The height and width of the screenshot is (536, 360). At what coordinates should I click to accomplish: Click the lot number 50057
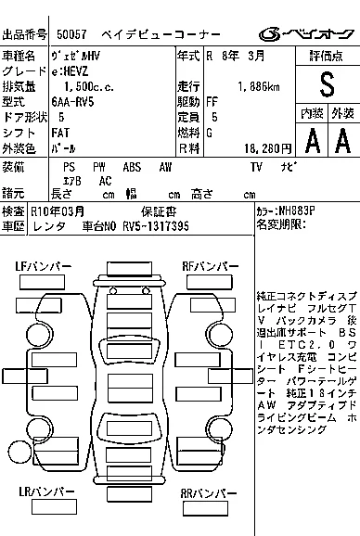(71, 34)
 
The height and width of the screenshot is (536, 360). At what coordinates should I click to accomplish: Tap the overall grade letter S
(327, 84)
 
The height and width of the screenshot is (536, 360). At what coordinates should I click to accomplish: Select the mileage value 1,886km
(259, 87)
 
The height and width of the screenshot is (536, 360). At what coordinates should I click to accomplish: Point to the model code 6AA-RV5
(72, 102)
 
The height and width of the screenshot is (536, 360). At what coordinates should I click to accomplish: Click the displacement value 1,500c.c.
(89, 87)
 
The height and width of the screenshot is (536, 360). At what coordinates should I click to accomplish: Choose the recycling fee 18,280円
(268, 148)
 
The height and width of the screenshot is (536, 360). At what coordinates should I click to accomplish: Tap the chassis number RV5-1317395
(156, 226)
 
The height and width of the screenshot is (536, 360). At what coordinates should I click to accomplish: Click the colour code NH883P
(296, 211)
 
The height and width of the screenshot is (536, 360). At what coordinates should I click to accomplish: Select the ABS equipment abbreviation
(132, 167)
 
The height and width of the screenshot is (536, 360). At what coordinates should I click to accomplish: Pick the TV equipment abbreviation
(256, 167)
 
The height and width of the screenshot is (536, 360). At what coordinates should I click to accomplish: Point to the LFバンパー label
(43, 266)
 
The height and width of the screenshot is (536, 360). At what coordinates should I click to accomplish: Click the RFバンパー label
(211, 266)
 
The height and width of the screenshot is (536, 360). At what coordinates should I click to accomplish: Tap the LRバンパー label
(46, 491)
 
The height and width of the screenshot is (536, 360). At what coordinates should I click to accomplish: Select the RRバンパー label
(209, 493)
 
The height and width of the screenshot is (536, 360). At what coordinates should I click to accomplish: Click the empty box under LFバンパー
(42, 282)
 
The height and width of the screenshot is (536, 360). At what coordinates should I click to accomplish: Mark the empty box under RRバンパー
(205, 509)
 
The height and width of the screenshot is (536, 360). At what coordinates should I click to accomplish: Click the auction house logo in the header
(306, 34)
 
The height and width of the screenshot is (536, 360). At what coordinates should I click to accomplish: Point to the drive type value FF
(212, 102)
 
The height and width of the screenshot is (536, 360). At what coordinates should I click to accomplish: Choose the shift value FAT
(60, 133)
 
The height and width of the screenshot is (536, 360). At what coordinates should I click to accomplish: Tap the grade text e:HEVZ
(71, 71)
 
